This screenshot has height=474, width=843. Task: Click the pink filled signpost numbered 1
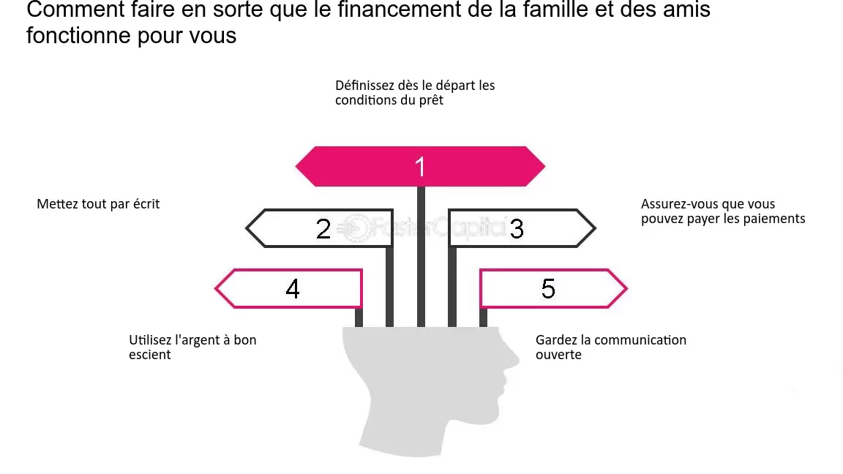[x=421, y=167]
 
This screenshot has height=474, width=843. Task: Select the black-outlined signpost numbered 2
[x=319, y=228]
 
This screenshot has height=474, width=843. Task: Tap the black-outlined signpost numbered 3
[x=522, y=228]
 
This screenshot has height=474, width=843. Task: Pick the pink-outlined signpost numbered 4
[x=289, y=289]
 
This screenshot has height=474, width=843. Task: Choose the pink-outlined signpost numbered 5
[x=553, y=289]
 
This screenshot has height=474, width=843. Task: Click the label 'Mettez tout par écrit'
[x=98, y=204]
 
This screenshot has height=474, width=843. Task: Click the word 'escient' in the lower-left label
[x=149, y=355]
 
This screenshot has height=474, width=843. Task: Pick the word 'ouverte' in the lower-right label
[x=558, y=355]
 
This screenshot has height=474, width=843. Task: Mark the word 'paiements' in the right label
[x=779, y=219]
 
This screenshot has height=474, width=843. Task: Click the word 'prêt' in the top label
[x=432, y=100]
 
